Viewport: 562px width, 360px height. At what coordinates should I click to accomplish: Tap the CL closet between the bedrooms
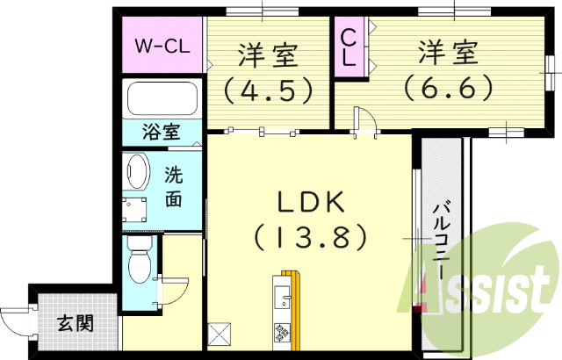point(349,47)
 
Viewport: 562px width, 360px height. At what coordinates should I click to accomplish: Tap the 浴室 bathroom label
point(162,133)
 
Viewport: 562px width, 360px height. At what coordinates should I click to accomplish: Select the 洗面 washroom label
point(174,186)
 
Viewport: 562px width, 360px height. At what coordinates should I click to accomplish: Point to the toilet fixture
point(139,260)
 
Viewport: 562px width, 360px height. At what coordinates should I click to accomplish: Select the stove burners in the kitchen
point(284,332)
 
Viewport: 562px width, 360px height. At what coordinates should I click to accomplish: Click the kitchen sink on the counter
point(283,299)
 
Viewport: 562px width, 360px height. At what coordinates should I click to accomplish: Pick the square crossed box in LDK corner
point(220,334)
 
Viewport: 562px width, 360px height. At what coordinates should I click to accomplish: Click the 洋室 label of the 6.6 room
point(448,54)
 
